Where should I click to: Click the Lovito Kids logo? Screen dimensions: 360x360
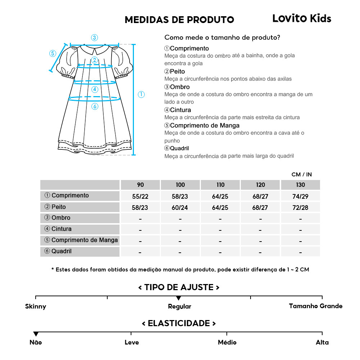tap(302, 19)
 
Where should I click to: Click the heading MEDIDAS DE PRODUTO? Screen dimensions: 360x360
tap(179, 20)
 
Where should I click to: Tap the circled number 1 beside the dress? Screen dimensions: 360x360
tap(141, 94)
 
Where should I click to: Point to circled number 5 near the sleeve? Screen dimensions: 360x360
tap(53, 54)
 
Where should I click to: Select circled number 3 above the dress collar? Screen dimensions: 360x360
tap(94, 37)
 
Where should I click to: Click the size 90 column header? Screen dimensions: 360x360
tap(140, 185)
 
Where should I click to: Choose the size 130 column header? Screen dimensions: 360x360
tap(300, 185)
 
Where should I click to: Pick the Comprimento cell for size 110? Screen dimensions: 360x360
tap(220, 196)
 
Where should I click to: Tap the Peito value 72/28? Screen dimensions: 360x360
tap(300, 208)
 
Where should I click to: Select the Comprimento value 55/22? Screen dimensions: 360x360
tap(140, 196)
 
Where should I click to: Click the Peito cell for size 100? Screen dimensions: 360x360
tap(180, 208)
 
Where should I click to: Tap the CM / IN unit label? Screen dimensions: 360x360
tap(302, 175)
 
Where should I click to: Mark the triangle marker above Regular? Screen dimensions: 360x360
tap(179, 298)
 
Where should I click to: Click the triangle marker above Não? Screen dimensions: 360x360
tap(36, 334)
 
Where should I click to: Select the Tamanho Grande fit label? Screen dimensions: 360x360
tap(316, 306)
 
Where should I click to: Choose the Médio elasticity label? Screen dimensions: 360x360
tap(227, 342)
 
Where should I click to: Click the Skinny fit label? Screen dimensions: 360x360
tap(36, 307)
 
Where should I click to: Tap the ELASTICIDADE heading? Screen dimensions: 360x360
tap(179, 323)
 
